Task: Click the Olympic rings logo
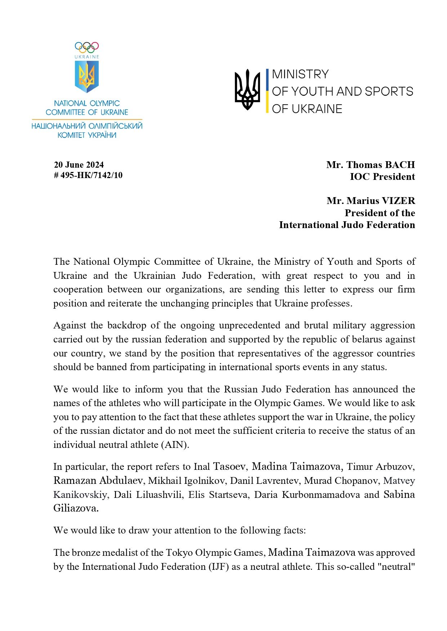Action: [x=87, y=47]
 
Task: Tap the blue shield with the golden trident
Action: [x=87, y=76]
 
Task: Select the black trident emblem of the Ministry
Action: [x=247, y=90]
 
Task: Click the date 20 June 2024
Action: [x=79, y=165]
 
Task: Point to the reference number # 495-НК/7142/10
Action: [x=88, y=175]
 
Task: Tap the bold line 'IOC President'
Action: [x=382, y=177]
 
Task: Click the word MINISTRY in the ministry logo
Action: [x=300, y=74]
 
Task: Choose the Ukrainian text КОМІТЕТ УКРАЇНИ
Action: [x=87, y=135]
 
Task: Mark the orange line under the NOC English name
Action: [x=87, y=119]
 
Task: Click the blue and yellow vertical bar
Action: [x=267, y=91]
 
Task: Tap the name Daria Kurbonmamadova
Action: [x=307, y=495]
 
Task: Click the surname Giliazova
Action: [x=76, y=508]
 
